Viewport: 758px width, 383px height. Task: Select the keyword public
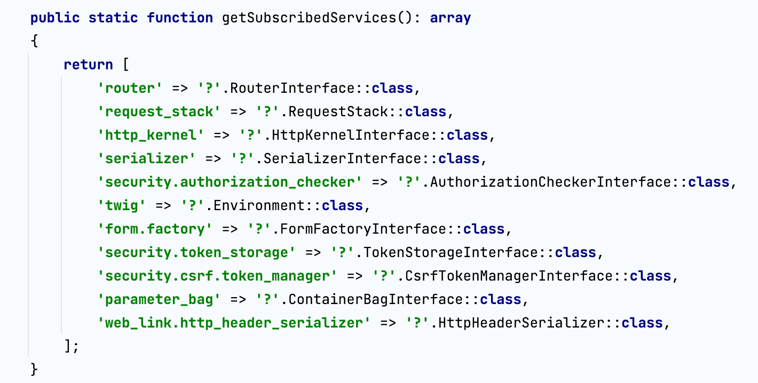tap(55, 18)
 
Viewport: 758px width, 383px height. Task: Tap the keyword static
tap(113, 18)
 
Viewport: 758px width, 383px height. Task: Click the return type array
tap(451, 18)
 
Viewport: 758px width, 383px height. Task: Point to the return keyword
tap(88, 65)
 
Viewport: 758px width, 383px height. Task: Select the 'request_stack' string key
tap(159, 111)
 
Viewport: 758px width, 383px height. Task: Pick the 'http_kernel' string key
tap(151, 135)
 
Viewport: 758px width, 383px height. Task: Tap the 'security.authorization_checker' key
tap(230, 182)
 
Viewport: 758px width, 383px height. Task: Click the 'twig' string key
tap(122, 205)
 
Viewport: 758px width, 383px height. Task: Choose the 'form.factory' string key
tap(155, 229)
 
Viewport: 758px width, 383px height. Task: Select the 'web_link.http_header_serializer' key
tap(234, 323)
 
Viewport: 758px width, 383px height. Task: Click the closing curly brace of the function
tap(35, 370)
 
